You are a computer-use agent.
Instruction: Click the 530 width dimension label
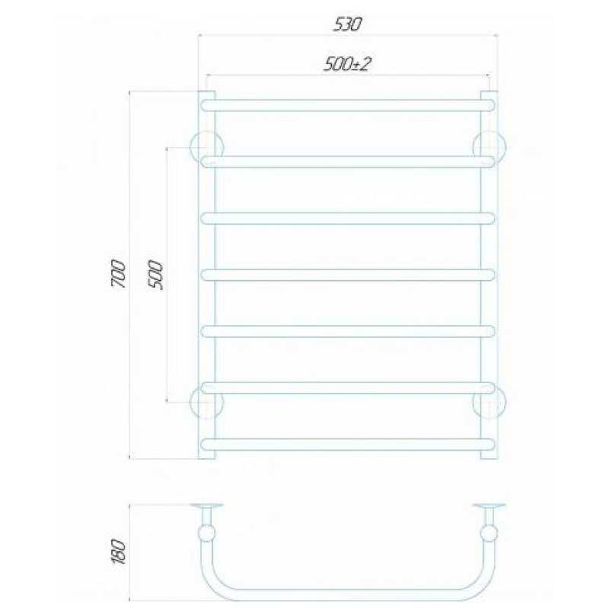pyautogui.click(x=348, y=25)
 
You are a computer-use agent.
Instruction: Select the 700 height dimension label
pyautogui.click(x=119, y=274)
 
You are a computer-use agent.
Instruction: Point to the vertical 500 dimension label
pyautogui.click(x=156, y=276)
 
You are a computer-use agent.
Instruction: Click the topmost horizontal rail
pyautogui.click(x=349, y=106)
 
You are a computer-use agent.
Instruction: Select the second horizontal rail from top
pyautogui.click(x=349, y=162)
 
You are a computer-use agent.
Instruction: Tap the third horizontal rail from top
pyautogui.click(x=349, y=218)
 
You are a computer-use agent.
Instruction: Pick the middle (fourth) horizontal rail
pyautogui.click(x=349, y=275)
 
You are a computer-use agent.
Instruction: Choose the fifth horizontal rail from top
pyautogui.click(x=349, y=331)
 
